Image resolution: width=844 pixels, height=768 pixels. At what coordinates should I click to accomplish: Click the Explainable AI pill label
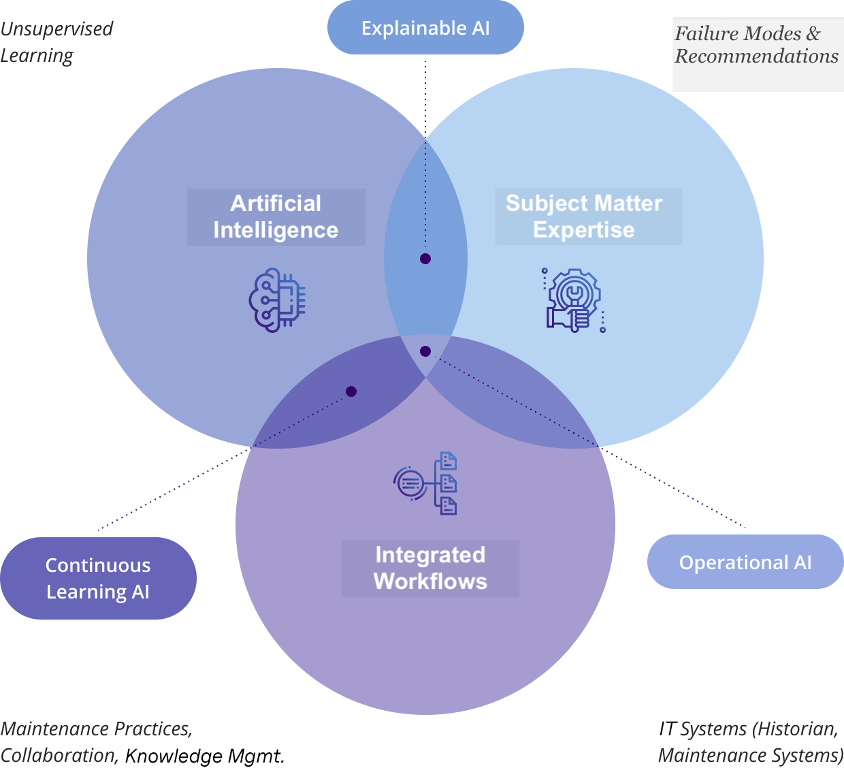(425, 28)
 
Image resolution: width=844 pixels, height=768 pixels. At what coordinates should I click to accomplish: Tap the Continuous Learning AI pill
(98, 578)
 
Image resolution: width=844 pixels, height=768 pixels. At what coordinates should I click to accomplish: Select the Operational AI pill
(745, 562)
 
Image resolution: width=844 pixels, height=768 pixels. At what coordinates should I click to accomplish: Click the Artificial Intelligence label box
(276, 217)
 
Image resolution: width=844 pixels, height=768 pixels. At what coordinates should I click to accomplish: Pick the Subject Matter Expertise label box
(587, 217)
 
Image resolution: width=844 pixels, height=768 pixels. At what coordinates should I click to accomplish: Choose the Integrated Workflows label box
(430, 569)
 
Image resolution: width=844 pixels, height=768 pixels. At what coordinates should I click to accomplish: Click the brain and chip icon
(277, 300)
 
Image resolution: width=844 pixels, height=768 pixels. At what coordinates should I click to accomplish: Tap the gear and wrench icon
(574, 300)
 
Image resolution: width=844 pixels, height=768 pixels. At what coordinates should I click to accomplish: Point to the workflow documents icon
(425, 483)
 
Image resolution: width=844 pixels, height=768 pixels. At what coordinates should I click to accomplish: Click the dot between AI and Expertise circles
(425, 259)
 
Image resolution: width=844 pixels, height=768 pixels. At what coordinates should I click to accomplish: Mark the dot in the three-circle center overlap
(425, 351)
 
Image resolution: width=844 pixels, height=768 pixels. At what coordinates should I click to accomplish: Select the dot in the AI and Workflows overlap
(351, 391)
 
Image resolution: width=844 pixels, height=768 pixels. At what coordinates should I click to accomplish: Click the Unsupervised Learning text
(56, 42)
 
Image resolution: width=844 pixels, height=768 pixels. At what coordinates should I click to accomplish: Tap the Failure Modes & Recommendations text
(756, 45)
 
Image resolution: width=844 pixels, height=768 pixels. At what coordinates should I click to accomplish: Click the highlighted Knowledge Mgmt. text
(206, 756)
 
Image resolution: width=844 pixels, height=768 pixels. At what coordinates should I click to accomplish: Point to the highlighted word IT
(668, 729)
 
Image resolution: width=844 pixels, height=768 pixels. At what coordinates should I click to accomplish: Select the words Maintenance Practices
(96, 729)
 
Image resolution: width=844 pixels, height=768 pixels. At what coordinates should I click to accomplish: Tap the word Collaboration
(59, 756)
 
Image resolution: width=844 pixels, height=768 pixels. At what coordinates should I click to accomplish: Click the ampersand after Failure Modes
(813, 33)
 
